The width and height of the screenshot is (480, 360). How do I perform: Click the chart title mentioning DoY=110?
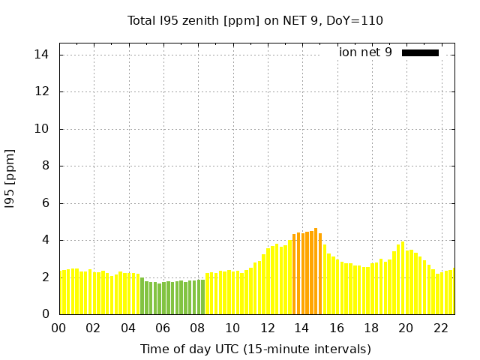(x=255, y=20)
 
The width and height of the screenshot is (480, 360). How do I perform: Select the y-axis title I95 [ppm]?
(x=10, y=178)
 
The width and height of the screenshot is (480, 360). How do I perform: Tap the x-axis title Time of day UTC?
(x=255, y=349)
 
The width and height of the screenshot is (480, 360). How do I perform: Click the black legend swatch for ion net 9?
(x=420, y=52)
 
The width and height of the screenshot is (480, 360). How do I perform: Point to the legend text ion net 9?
(x=365, y=52)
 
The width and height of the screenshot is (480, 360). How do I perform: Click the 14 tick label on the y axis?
(x=42, y=55)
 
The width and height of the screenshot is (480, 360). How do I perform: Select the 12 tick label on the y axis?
(x=42, y=91)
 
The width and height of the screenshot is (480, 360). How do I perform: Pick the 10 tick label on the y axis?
(x=42, y=129)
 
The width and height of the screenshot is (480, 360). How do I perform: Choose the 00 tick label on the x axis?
(x=58, y=328)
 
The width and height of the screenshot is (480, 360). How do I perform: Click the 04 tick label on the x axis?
(x=128, y=328)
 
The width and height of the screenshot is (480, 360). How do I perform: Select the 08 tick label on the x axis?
(x=198, y=328)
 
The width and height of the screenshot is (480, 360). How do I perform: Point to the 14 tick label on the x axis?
(x=301, y=328)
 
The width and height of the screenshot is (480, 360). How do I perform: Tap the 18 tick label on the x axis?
(x=371, y=328)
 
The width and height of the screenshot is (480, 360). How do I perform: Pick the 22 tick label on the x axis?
(x=441, y=328)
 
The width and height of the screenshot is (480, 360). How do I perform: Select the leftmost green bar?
(x=142, y=295)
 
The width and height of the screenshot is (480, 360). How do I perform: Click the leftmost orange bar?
(x=294, y=274)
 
